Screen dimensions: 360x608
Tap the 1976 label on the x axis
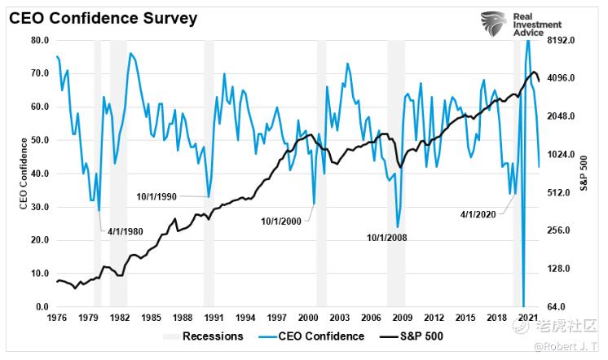coord(56,317)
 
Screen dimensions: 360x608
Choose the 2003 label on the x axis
coord(340,317)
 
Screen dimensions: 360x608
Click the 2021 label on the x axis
coord(526,317)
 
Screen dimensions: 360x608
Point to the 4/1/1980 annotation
coord(126,231)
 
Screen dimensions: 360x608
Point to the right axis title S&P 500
coord(583,173)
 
